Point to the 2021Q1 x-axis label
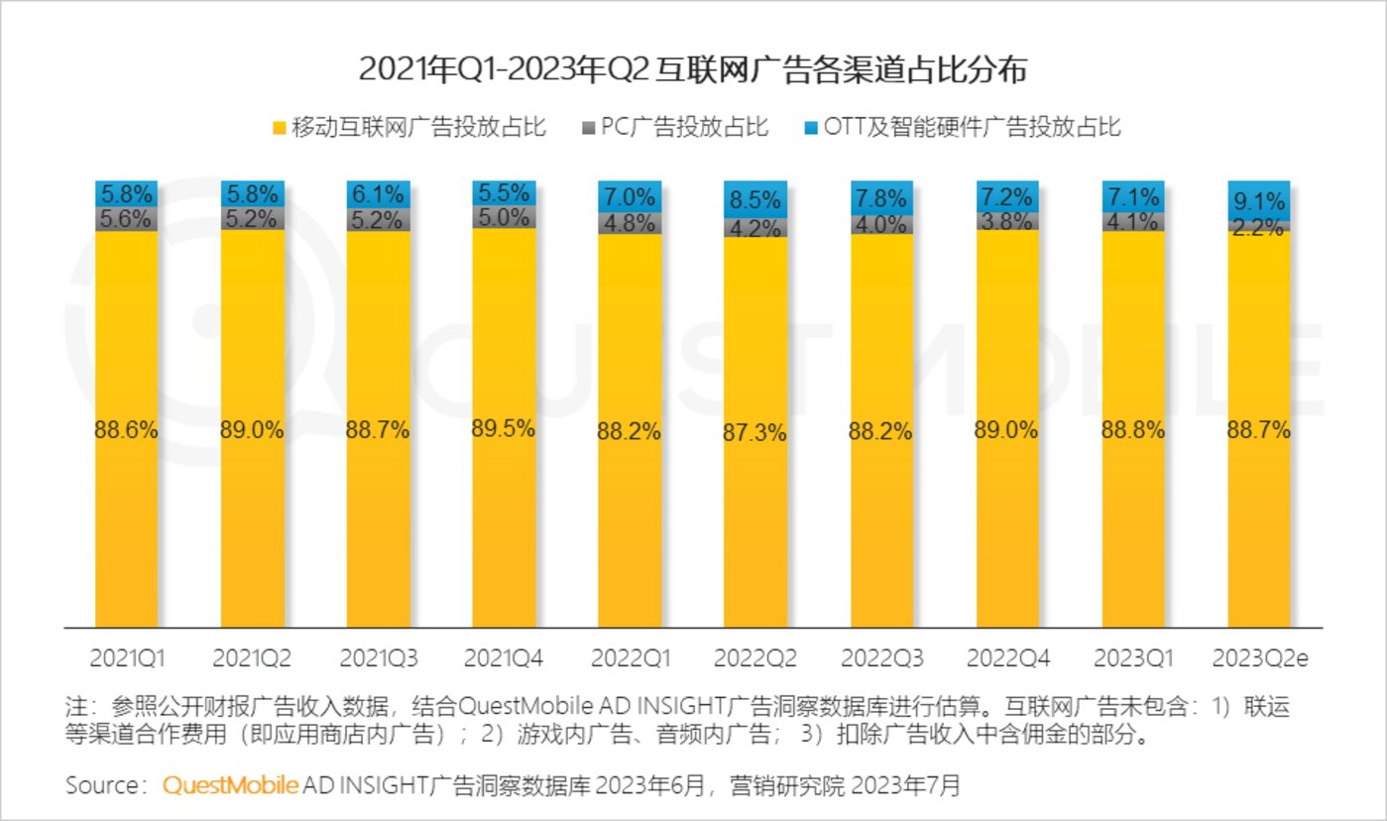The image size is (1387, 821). point(127,658)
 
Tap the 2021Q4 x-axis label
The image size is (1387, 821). point(504,658)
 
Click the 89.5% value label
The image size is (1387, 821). point(504,428)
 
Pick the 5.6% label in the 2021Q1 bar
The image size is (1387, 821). point(127,220)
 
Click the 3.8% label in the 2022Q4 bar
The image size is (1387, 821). point(1007,221)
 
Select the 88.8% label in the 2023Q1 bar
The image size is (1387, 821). point(1133,431)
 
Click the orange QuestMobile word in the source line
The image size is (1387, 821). point(229,786)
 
